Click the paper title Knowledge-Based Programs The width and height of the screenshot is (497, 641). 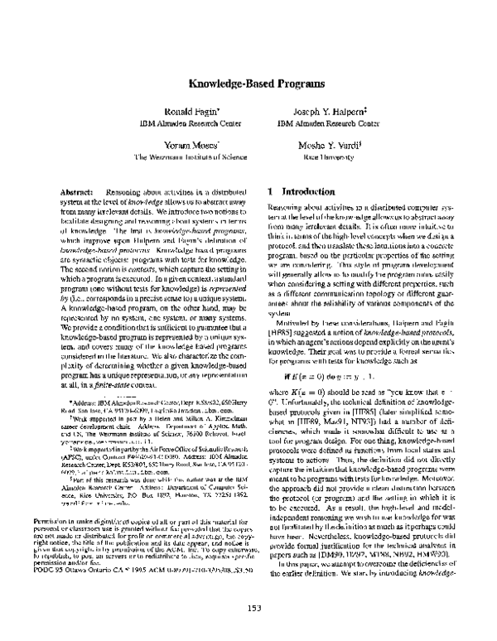click(248, 85)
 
